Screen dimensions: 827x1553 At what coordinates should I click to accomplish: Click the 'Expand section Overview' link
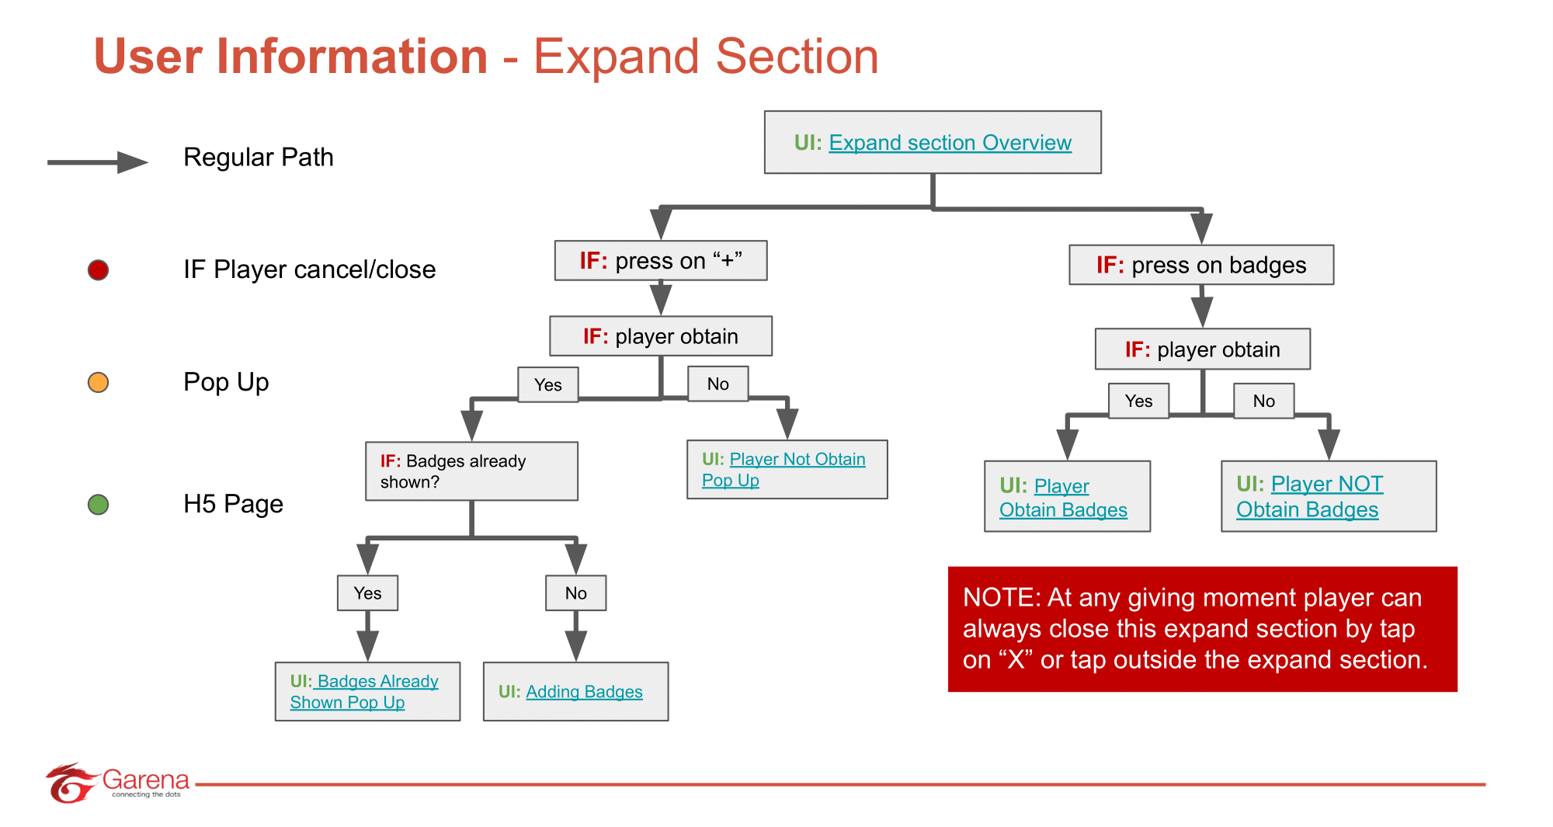950,143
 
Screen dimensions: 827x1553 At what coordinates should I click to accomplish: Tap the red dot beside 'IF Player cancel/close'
98,270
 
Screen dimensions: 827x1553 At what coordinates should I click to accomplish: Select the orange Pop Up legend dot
98,383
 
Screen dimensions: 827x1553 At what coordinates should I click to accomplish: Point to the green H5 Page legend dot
98,505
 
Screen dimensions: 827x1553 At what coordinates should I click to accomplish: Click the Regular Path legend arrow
97,162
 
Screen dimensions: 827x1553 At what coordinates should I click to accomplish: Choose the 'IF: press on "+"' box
660,261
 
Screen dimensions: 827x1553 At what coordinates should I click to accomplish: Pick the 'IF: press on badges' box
1200,266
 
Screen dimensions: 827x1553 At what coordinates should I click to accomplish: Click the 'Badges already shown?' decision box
471,471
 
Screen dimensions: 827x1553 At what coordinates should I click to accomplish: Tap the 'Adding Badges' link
584,692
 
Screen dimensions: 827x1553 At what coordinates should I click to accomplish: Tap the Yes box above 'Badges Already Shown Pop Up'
367,593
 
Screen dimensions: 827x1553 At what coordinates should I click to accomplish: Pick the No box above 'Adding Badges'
575,593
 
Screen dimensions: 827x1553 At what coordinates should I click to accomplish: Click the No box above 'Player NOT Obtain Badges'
1263,401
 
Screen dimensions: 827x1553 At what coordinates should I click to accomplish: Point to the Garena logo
116,783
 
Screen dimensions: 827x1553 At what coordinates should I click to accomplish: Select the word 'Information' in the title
352,57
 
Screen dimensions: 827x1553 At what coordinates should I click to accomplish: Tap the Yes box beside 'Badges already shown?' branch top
547,385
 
